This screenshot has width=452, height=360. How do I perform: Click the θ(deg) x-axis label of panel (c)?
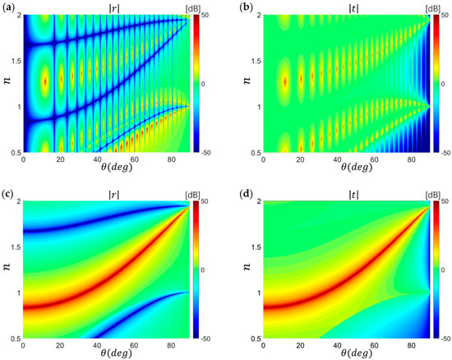(x=106, y=355)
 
